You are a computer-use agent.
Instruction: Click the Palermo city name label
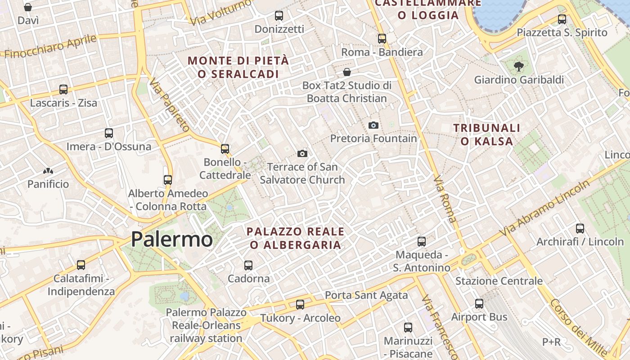(171, 239)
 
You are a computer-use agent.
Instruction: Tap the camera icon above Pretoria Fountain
(373, 125)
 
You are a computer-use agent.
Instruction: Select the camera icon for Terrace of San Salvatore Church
(302, 153)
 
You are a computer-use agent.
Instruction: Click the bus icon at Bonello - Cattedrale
(225, 148)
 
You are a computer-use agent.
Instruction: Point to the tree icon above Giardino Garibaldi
(518, 67)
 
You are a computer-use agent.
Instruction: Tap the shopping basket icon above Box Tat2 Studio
(347, 72)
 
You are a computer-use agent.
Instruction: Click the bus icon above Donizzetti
(279, 16)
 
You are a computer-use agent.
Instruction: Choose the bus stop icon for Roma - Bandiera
(382, 39)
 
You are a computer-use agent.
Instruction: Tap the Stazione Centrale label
(499, 281)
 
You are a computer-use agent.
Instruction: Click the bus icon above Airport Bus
(479, 304)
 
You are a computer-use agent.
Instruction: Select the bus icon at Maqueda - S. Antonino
(422, 242)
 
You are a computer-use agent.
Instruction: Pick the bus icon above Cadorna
(248, 265)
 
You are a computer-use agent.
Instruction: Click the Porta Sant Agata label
(366, 295)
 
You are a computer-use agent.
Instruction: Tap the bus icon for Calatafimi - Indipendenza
(81, 265)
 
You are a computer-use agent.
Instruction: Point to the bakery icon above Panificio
(48, 171)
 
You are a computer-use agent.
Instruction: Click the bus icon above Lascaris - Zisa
(63, 90)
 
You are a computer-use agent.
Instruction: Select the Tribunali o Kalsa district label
(487, 135)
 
